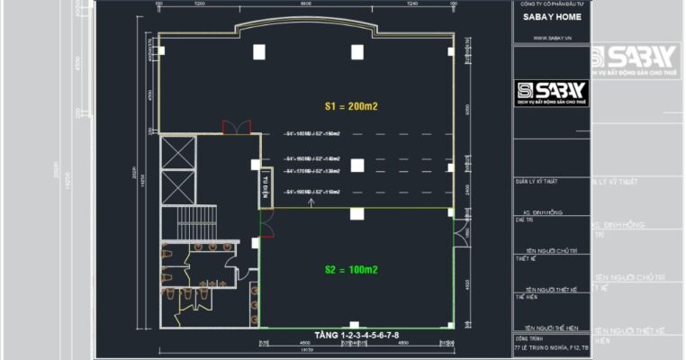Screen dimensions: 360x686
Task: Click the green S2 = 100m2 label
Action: tap(350, 269)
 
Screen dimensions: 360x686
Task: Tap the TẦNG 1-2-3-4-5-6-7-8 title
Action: tap(357, 336)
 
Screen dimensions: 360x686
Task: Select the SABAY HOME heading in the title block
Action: tap(551, 17)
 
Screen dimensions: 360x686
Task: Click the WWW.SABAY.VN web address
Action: tap(550, 38)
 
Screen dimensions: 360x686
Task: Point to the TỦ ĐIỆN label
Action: tap(266, 184)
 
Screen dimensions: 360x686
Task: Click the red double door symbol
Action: tap(235, 127)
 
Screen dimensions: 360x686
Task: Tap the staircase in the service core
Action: tap(197, 219)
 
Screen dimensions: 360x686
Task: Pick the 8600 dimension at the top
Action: tap(305, 4)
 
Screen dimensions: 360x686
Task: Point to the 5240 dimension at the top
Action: tap(411, 4)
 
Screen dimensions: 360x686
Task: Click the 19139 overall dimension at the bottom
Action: tap(306, 355)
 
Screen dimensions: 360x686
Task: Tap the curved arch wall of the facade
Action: tap(305, 25)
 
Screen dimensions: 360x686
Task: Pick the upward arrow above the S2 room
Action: tap(311, 202)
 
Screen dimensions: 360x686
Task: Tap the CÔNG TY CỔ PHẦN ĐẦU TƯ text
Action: tap(550, 4)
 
